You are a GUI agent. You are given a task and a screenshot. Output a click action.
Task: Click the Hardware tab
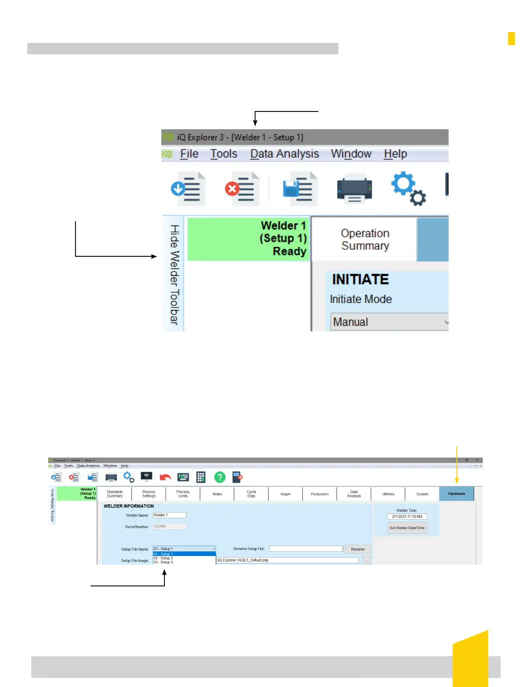[456, 494]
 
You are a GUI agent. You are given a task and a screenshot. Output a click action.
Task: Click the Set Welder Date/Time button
[407, 528]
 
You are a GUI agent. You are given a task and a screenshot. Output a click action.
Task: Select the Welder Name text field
[169, 515]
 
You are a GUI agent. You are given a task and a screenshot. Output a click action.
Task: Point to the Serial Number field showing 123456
[169, 527]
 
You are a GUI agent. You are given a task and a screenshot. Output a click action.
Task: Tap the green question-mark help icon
[220, 477]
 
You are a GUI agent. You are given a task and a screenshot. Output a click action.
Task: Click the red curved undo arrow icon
[165, 477]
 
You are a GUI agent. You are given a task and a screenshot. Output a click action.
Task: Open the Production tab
[320, 494]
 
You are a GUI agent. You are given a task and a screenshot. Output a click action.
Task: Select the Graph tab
[285, 494]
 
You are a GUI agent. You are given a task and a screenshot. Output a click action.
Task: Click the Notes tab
[217, 494]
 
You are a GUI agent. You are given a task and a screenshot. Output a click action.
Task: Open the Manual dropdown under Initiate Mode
[389, 322]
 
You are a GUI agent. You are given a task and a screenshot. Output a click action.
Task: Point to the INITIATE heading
[361, 280]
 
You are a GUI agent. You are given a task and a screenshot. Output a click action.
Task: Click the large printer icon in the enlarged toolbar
[354, 189]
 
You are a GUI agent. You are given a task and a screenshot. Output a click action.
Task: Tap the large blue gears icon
[408, 188]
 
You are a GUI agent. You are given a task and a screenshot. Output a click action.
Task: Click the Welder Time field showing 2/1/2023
[407, 517]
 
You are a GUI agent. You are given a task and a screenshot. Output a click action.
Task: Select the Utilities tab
[388, 494]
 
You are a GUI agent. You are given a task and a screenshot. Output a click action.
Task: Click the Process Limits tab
[183, 494]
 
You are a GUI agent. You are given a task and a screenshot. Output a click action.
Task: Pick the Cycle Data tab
[251, 494]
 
